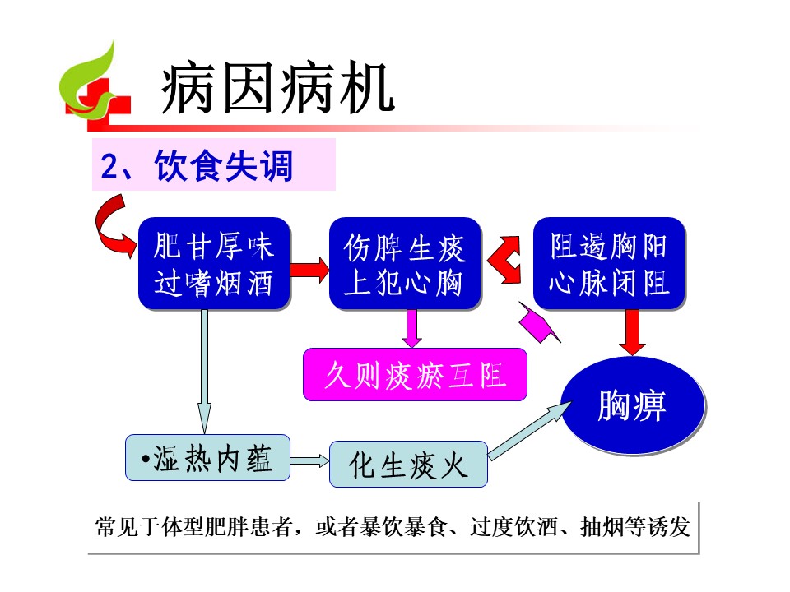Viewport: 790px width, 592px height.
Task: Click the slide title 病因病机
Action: click(x=277, y=88)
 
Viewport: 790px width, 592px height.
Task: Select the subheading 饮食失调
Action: click(x=224, y=165)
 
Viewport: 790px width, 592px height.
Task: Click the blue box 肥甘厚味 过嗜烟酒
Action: click(x=214, y=263)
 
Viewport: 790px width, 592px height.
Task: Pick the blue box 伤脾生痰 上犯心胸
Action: click(x=405, y=263)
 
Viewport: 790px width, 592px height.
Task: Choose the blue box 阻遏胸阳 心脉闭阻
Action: click(x=609, y=263)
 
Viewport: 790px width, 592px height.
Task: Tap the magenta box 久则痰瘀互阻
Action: click(x=415, y=375)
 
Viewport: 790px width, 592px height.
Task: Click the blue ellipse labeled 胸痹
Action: click(x=633, y=405)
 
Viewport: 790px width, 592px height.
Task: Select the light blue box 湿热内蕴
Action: click(x=207, y=458)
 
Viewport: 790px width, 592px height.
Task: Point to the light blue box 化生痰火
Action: click(x=409, y=464)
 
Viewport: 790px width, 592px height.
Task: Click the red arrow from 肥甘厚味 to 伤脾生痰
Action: click(x=309, y=270)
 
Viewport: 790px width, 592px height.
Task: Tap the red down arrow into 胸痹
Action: click(x=632, y=332)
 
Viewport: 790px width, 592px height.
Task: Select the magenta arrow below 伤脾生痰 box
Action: click(x=412, y=328)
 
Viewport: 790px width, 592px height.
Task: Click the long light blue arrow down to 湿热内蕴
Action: click(x=204, y=371)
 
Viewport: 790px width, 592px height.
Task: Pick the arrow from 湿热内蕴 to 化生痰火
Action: click(x=309, y=460)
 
